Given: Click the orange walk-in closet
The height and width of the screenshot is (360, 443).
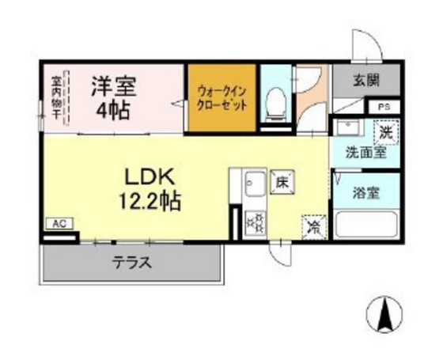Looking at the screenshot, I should (222, 98).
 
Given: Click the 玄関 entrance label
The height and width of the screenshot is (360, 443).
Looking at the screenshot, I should (365, 79).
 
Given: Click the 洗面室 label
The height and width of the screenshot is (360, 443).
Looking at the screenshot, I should (365, 153).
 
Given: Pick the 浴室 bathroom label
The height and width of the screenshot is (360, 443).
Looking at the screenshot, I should (365, 191).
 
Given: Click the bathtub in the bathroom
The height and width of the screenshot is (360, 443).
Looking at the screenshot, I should (365, 224).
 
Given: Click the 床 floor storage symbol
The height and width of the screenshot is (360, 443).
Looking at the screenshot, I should (281, 183).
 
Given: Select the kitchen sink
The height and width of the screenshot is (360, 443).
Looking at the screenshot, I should (253, 187).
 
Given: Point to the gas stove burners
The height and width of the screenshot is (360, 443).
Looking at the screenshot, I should (255, 222).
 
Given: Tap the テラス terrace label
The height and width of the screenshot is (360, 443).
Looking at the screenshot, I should (131, 263).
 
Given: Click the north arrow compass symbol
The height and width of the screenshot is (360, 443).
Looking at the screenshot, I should (388, 317).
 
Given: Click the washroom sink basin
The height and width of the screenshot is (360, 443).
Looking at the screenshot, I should (346, 127).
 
